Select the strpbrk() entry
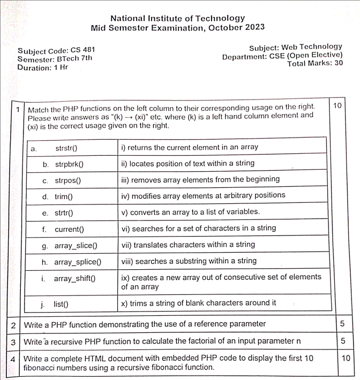pos(72,164)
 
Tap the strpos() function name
pos(71,180)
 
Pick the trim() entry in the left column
pos(64,196)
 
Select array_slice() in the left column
pos(76,246)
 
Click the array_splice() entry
pos(78,262)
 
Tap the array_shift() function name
pos(74,278)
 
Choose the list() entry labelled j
pos(61,304)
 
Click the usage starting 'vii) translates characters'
pos(188,245)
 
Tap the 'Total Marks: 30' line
pos(315,63)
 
